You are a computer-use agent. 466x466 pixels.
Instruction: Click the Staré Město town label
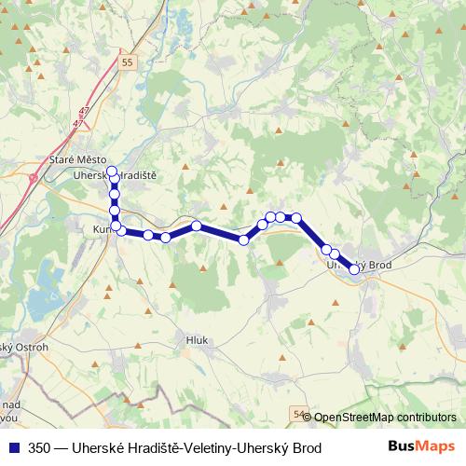[x=78, y=160]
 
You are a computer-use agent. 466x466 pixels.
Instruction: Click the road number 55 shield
[x=129, y=62]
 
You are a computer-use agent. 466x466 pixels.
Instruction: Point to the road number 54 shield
[x=298, y=412]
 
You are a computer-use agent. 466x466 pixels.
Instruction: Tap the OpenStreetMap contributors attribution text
[x=385, y=418]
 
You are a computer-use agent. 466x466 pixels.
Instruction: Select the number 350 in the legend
[x=40, y=448]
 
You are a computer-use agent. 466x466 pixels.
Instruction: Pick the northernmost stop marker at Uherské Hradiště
[x=112, y=171]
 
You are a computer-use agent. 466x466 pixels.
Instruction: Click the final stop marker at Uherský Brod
[x=354, y=269]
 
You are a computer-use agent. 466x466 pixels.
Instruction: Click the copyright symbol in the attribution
[x=308, y=418]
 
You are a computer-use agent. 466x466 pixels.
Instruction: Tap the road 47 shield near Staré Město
[x=85, y=113]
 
